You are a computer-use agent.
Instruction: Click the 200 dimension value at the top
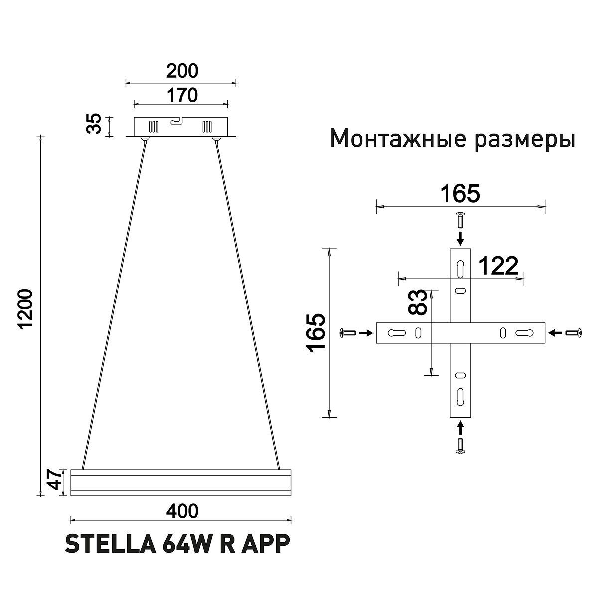click(182, 71)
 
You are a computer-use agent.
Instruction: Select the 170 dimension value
click(182, 95)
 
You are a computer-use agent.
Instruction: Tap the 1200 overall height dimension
click(25, 308)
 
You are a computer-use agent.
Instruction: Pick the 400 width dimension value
click(182, 511)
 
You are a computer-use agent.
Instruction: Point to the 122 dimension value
click(498, 267)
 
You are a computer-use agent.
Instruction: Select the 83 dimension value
click(418, 302)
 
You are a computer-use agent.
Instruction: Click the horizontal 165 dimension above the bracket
click(459, 194)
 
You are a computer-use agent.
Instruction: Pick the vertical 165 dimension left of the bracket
click(317, 333)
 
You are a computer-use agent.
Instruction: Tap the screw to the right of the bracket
click(573, 332)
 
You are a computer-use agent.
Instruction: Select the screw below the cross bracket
click(460, 446)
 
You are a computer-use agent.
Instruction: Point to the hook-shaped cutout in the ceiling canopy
click(177, 121)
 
